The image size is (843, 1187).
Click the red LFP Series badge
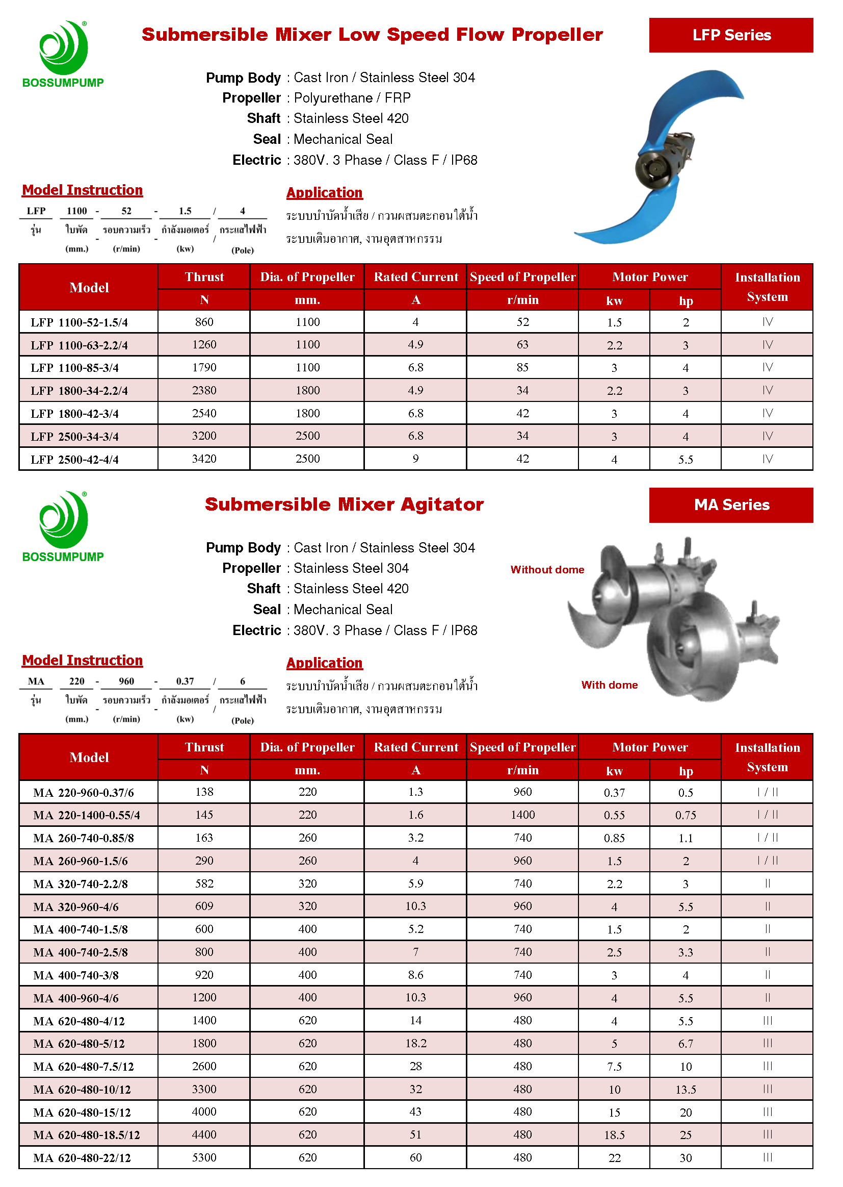[x=730, y=35]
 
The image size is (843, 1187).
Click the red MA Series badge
[x=730, y=504]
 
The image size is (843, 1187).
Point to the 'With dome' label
[x=609, y=685]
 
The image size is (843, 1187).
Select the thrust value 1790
[x=204, y=367]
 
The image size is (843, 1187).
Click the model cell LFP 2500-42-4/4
[x=75, y=459]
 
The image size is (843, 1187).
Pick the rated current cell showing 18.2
[x=415, y=1043]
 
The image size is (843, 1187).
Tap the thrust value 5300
[x=204, y=1157]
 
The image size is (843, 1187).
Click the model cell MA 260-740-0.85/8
[x=84, y=838]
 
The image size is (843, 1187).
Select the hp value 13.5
[x=685, y=1090]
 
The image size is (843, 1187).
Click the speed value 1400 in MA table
[x=522, y=815]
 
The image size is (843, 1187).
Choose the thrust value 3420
[x=204, y=459]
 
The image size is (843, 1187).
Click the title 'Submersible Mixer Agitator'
[x=344, y=504]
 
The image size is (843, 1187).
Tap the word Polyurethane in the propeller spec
[x=333, y=97]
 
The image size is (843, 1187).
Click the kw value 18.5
[x=614, y=1135]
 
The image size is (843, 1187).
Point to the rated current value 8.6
[x=415, y=974]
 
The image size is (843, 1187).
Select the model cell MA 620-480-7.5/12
[x=84, y=1067]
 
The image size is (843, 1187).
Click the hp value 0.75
[x=685, y=815]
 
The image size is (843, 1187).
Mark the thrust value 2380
[x=204, y=390]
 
